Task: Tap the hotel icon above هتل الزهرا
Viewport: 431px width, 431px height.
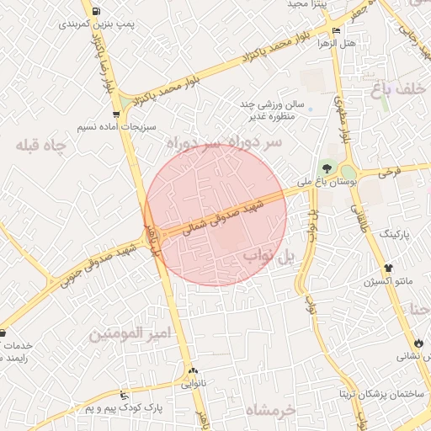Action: tap(338, 31)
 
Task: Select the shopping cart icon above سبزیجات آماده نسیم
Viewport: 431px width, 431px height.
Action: tap(115, 114)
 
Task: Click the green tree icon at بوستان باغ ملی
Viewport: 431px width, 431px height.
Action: tap(326, 167)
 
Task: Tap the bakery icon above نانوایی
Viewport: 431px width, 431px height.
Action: tap(193, 371)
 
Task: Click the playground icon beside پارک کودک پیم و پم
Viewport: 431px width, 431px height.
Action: tap(125, 395)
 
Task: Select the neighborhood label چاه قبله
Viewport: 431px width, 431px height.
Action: tap(39, 145)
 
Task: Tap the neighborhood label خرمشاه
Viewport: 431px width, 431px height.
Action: tap(272, 410)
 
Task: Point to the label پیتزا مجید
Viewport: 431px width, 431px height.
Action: tap(304, 4)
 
